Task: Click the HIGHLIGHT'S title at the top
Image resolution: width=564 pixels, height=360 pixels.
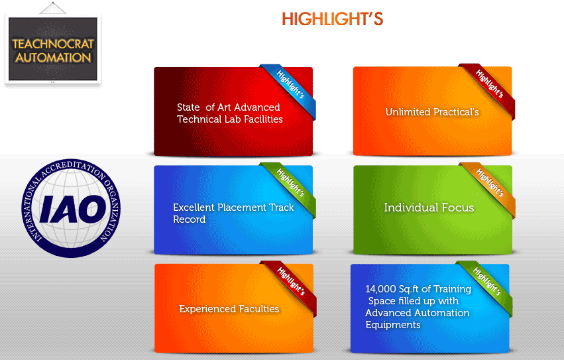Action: coord(332,19)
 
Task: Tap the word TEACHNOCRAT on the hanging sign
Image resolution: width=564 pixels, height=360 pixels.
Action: coord(53,44)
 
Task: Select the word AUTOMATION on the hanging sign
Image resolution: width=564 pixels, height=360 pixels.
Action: coord(53,58)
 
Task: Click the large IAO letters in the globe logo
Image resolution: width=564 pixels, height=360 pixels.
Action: coord(73,209)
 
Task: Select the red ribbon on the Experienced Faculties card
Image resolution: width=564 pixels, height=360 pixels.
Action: coord(290,286)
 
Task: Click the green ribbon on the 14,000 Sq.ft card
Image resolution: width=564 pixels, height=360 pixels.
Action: coord(486,286)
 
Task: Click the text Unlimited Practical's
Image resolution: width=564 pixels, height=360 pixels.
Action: coord(432,112)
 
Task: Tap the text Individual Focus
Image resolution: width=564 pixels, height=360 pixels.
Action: coord(429,208)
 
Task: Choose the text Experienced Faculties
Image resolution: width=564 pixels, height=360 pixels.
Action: coord(229,309)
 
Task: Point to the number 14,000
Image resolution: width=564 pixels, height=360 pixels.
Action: coord(380,289)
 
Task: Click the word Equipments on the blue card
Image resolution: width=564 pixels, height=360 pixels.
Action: coord(393,325)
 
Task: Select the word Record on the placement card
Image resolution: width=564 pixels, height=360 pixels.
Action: coord(189,219)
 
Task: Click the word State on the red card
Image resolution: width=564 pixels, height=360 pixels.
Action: coord(188,107)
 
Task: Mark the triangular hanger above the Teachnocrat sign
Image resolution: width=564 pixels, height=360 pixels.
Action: coord(52,8)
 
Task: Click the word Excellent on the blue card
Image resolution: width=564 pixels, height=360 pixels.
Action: coord(194,208)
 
